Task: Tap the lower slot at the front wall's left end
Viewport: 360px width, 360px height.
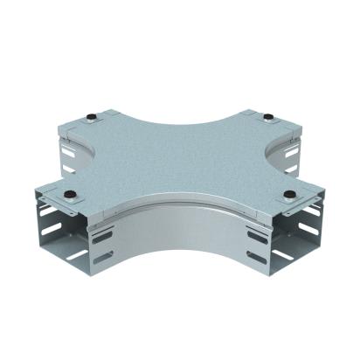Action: click(101, 258)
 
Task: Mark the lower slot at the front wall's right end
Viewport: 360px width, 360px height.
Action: click(257, 258)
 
